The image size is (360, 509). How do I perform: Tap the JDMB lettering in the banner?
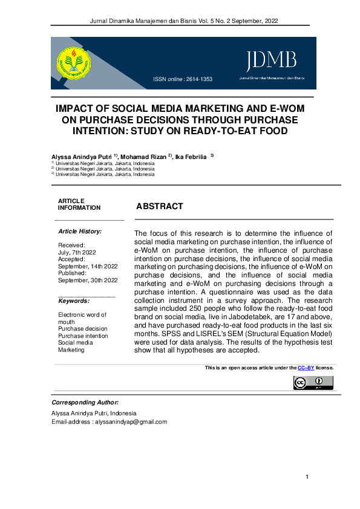click(x=270, y=60)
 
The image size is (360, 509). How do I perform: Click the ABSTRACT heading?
click(x=160, y=206)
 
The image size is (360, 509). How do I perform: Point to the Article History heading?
click(x=80, y=232)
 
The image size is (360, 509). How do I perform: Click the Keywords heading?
click(x=74, y=300)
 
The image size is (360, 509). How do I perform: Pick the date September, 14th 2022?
click(x=88, y=266)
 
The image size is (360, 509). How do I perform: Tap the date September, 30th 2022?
click(x=88, y=280)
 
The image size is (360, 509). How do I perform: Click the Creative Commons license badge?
click(x=313, y=383)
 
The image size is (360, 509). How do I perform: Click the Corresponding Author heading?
click(x=85, y=402)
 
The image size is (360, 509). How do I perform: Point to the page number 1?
click(x=307, y=478)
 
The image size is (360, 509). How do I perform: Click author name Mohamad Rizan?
click(x=146, y=157)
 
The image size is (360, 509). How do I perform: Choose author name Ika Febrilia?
click(x=191, y=157)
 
